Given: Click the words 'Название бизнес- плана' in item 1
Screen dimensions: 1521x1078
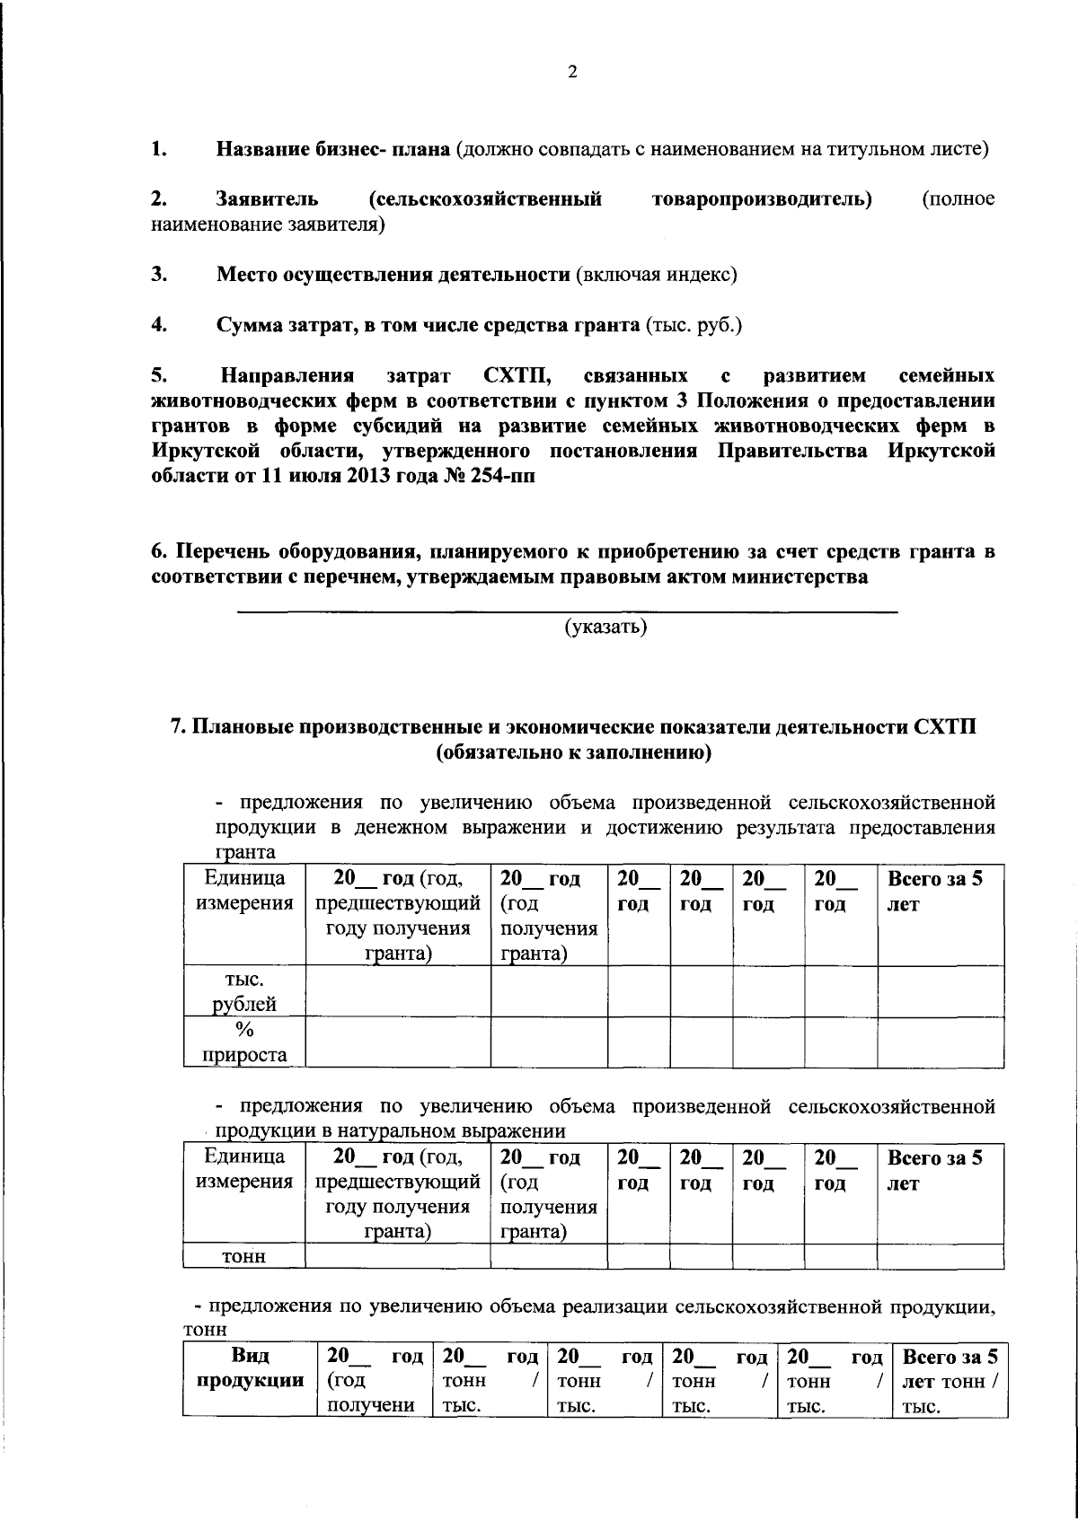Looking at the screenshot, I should pyautogui.click(x=332, y=149).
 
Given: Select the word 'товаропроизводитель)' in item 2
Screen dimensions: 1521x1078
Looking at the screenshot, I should pyautogui.click(x=763, y=198).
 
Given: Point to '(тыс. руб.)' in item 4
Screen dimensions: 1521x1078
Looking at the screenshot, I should pyautogui.click(x=694, y=325).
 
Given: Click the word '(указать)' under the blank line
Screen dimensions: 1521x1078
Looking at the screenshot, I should pyautogui.click(x=605, y=627).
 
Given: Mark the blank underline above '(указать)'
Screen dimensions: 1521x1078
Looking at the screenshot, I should pyautogui.click(x=567, y=611).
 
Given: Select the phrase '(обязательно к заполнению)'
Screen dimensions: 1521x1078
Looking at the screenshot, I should pyautogui.click(x=573, y=753).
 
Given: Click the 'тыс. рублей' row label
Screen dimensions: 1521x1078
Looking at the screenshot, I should pyautogui.click(x=243, y=991).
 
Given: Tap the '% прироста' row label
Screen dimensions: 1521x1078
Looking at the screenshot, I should pyautogui.click(x=243, y=1042).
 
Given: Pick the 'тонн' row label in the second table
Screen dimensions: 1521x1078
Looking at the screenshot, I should pyautogui.click(x=243, y=1257).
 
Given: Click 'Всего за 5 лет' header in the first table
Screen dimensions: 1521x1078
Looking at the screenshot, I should pyautogui.click(x=934, y=892).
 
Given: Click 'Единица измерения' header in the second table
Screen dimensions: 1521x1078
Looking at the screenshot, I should pyautogui.click(x=243, y=1169).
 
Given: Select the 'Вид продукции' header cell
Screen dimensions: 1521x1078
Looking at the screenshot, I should pyautogui.click(x=249, y=1367).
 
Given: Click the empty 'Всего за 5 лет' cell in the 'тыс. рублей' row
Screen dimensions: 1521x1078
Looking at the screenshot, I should pyautogui.click(x=940, y=991).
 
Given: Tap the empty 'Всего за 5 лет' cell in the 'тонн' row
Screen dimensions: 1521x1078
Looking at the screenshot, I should pyautogui.click(x=940, y=1256).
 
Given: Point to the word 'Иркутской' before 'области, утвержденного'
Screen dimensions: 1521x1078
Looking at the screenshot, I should pyautogui.click(x=197, y=451).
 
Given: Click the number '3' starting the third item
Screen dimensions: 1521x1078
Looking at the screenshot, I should pyautogui.click(x=158, y=275).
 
